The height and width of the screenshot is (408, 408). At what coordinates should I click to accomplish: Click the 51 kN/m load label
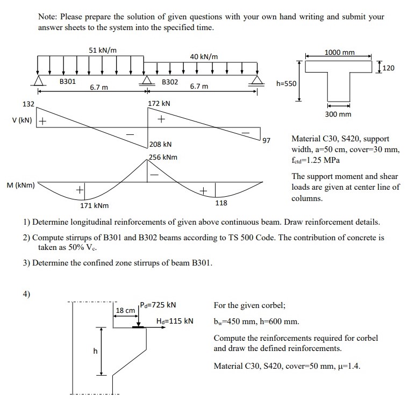coord(103,50)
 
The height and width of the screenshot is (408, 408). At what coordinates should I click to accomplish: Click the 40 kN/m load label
coord(204,56)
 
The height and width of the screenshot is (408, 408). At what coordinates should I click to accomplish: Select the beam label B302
coord(170,82)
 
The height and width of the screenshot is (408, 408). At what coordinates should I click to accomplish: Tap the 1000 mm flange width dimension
coord(340,52)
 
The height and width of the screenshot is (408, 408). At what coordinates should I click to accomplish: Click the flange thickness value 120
coord(389,68)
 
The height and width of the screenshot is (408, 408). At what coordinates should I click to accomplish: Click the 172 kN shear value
coord(159,103)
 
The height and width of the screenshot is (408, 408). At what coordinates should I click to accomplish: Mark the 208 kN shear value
coord(161,144)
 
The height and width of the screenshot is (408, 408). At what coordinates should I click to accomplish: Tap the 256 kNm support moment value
coord(163,157)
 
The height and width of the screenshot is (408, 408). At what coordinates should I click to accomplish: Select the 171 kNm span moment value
coord(94,206)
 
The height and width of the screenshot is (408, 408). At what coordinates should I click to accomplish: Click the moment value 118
coord(221,203)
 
